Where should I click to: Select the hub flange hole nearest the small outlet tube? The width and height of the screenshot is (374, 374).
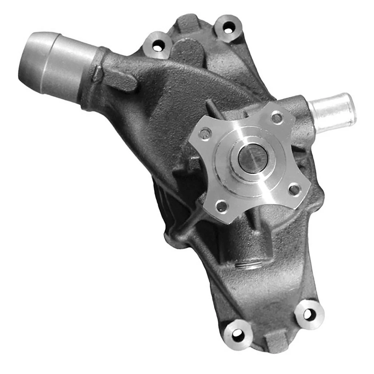[x=277, y=117]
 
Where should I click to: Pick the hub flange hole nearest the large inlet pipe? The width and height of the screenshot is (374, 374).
[x=205, y=134]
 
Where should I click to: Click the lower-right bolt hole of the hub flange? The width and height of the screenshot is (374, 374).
[x=294, y=190]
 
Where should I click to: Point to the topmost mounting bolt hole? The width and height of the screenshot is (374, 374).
[x=229, y=27]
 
